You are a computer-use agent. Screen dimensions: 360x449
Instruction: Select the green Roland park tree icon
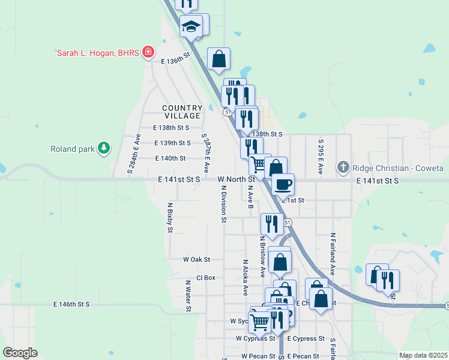tap(104, 148)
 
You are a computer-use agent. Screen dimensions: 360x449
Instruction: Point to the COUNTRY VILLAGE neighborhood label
tap(181, 112)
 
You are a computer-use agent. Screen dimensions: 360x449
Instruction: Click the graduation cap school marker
tap(192, 27)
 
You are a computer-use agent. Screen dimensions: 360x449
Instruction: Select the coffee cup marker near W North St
tap(283, 184)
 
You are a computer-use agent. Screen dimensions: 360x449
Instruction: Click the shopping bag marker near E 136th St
tap(219, 59)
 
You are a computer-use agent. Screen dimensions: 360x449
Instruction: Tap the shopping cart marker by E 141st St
tap(259, 164)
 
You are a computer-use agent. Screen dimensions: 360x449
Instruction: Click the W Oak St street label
tap(197, 259)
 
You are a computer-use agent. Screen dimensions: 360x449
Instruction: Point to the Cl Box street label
tap(206, 278)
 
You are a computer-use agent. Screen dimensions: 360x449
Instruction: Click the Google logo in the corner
tap(20, 352)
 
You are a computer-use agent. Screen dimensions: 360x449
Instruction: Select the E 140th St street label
tap(170, 158)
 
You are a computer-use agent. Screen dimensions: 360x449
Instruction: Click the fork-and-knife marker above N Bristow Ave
tap(272, 224)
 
